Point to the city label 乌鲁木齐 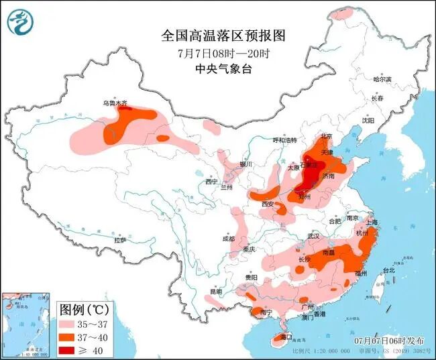point(114,104)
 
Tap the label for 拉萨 point(120,240)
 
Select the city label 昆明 point(214,292)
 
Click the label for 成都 point(229,239)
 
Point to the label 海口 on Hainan point(285,337)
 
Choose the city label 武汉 point(313,236)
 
